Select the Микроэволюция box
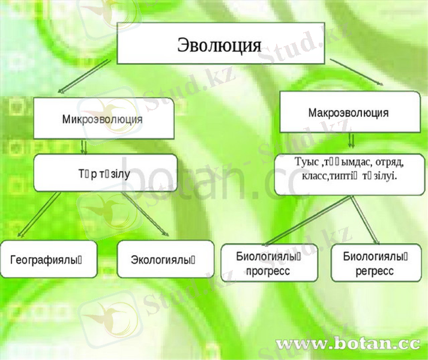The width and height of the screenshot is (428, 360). click(103, 119)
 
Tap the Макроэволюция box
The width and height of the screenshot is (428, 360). click(349, 112)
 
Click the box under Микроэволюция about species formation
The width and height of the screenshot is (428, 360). click(106, 173)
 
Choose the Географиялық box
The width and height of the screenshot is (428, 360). click(49, 260)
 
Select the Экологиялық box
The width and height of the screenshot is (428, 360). click(165, 260)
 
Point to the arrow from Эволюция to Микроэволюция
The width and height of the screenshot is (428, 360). click(90, 77)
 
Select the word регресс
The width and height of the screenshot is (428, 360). click(375, 271)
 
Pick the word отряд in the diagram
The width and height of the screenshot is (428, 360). click(390, 163)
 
